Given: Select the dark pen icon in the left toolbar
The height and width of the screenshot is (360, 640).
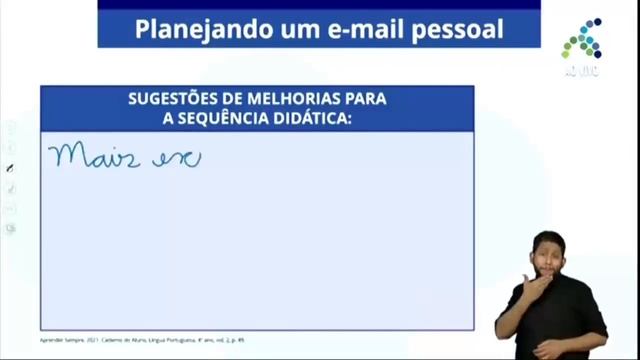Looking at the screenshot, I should (x=11, y=169).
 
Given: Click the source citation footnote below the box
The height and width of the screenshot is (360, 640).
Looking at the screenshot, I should (x=141, y=340).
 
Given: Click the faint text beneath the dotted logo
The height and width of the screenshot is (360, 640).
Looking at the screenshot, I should (x=581, y=72).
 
